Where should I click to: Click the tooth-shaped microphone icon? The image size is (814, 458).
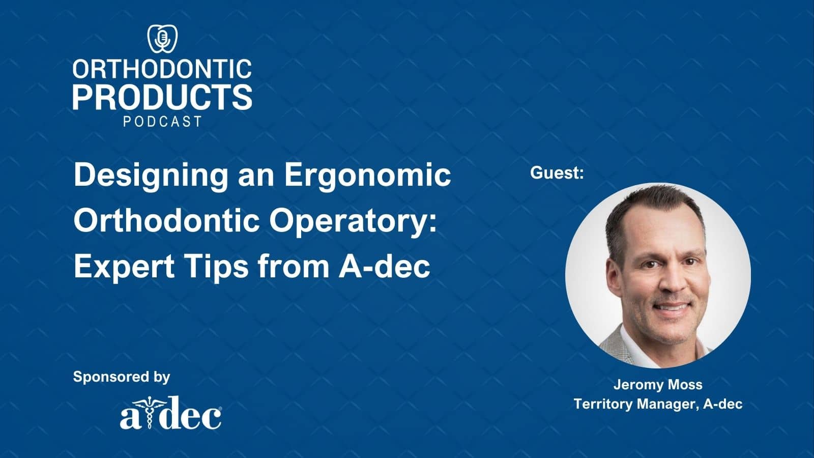click(x=162, y=39)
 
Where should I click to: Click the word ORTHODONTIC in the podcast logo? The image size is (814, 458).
click(x=162, y=69)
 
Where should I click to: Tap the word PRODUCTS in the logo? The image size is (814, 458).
click(x=162, y=97)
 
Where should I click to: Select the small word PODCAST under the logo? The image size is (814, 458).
click(x=162, y=122)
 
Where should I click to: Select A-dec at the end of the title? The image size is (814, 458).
click(x=385, y=266)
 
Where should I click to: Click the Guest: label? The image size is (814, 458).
click(x=557, y=173)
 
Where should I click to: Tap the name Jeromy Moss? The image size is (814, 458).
click(x=658, y=385)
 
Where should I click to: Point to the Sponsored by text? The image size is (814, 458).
click(x=122, y=377)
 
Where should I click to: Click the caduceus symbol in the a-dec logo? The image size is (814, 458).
click(x=148, y=412)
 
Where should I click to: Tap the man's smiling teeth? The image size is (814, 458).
click(x=672, y=307)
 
